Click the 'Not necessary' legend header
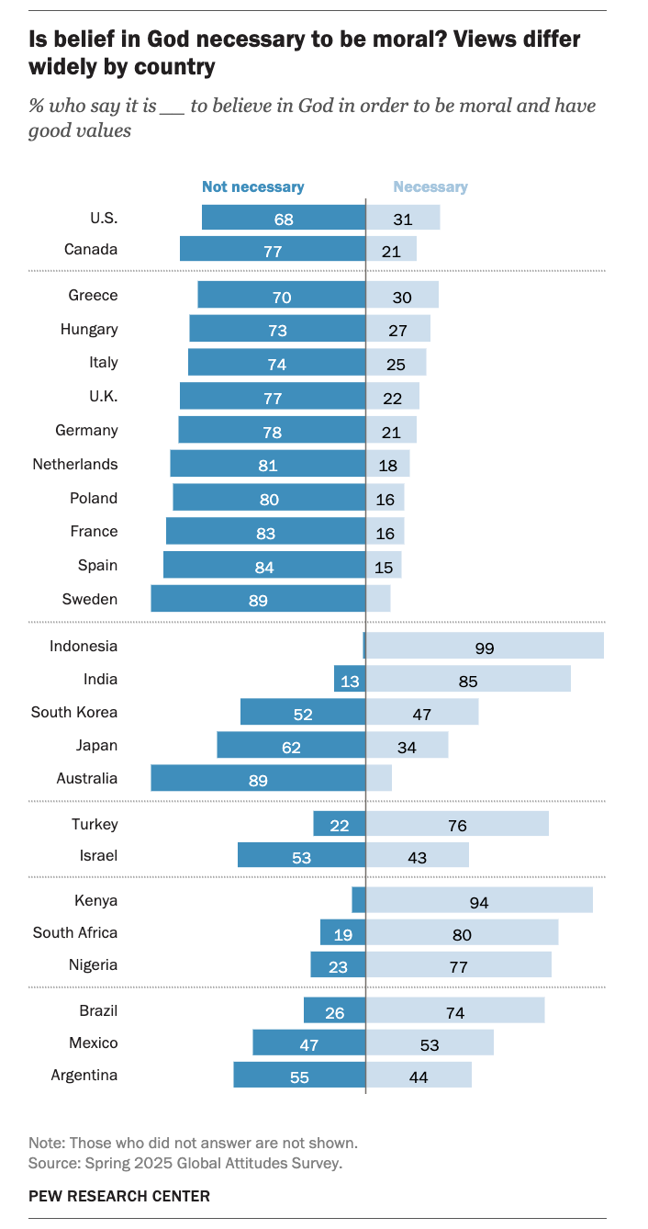click(252, 186)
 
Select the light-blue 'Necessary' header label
click(430, 186)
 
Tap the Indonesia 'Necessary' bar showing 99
click(485, 647)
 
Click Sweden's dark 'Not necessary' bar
click(258, 600)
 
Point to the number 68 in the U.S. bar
click(284, 219)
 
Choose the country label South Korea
click(74, 712)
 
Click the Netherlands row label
click(75, 464)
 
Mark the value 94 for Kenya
click(479, 902)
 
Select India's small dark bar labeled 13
click(350, 680)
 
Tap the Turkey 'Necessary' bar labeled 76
click(457, 825)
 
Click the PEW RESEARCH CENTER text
click(119, 1196)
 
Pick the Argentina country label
click(84, 1075)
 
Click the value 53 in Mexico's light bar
click(430, 1044)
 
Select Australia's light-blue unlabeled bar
click(379, 779)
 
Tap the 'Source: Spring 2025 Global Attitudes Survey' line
click(185, 1163)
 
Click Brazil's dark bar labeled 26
click(334, 1012)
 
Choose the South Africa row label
click(75, 932)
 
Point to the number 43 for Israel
click(418, 857)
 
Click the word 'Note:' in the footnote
click(46, 1144)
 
